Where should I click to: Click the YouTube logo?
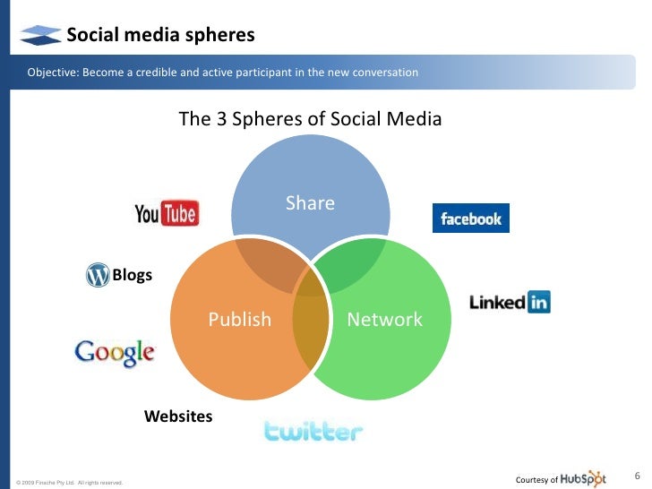point(167,212)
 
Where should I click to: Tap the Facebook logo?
point(470,219)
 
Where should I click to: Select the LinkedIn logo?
point(510,302)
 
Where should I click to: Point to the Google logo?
point(115,352)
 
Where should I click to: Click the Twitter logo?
point(313,432)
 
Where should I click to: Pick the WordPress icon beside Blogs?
point(97,275)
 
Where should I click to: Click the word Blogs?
point(132,275)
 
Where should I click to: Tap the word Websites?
point(178,416)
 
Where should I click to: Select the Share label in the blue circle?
point(310,203)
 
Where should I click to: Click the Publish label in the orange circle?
point(239,320)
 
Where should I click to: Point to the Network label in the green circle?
point(384,320)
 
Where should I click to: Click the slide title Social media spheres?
point(161,35)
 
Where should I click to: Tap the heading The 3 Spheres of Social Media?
point(310,118)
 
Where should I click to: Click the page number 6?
point(637,475)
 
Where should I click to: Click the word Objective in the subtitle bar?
point(51,72)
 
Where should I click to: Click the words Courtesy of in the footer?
point(537,480)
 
